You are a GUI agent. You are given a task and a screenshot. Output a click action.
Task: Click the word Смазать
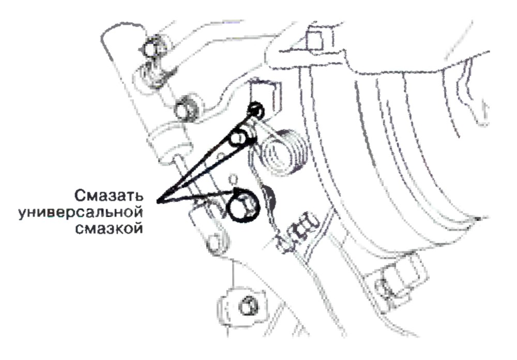(109, 196)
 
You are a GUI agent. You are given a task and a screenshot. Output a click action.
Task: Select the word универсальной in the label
(81, 212)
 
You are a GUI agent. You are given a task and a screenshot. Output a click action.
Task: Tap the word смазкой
(109, 228)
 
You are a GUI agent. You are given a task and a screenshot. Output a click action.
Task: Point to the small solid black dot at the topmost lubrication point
(256, 109)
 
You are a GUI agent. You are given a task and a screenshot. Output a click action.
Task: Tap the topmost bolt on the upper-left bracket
(152, 50)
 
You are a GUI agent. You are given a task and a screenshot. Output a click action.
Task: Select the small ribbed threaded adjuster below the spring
(297, 231)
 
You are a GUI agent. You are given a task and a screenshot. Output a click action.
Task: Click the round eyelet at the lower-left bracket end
(215, 243)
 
